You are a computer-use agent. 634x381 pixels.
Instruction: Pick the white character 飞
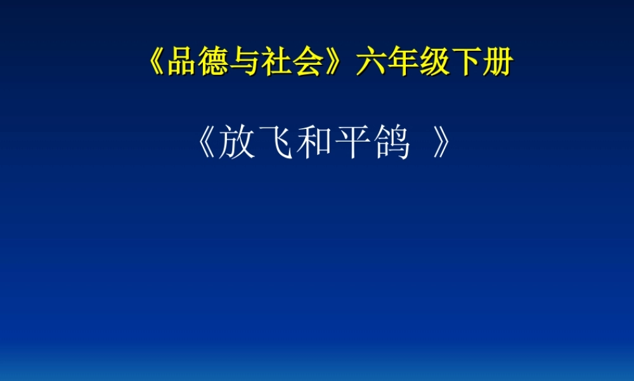point(275,145)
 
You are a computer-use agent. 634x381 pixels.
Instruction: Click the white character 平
point(353,145)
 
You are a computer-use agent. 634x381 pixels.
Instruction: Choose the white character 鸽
point(391,145)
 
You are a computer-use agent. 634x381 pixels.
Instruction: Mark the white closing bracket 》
point(441,145)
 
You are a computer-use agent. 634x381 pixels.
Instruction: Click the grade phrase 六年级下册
point(434,64)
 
